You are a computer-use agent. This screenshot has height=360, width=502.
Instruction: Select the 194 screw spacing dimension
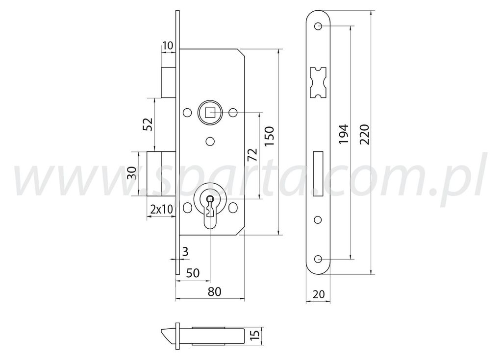[344, 134]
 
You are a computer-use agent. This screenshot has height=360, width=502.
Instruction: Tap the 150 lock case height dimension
[270, 137]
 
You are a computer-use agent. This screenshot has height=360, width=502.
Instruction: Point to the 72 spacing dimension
[252, 155]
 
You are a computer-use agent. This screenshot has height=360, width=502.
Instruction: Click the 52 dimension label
[148, 124]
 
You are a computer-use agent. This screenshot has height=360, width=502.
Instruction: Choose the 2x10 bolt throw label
[162, 209]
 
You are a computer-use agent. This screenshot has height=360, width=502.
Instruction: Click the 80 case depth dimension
[215, 291]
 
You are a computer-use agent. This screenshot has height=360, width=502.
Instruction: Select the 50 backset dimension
[193, 273]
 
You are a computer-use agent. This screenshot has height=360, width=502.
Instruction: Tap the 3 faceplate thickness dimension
[185, 252]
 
